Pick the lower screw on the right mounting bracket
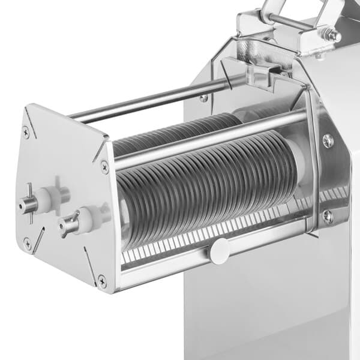[x=328, y=215]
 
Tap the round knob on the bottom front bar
[x=219, y=250]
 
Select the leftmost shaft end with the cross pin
[x=27, y=204]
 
